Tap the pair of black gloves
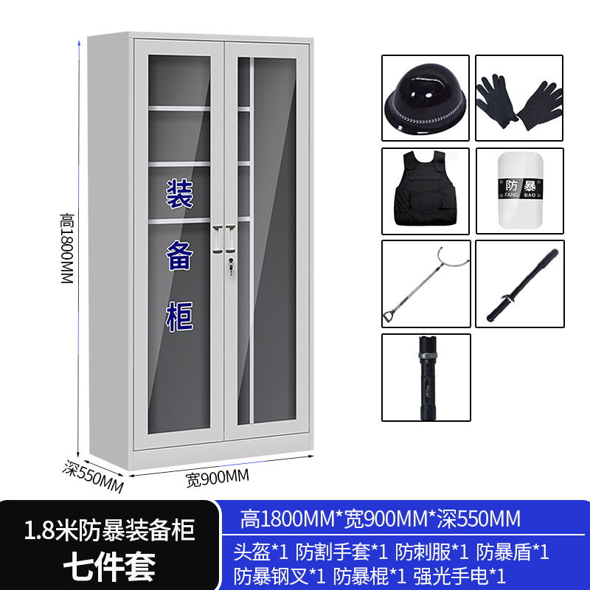point(519,101)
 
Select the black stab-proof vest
point(426,190)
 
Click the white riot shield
point(519,191)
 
